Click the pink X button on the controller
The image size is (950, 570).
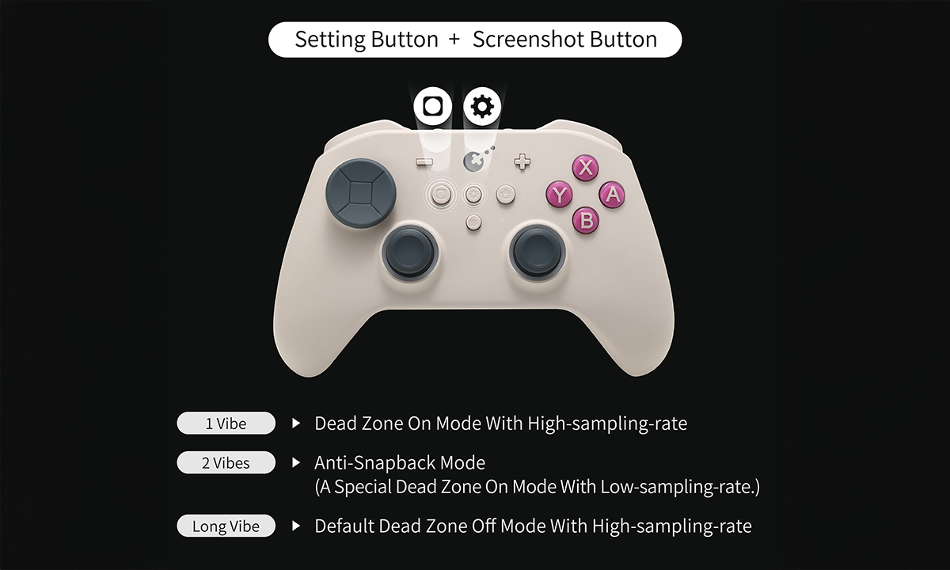pyautogui.click(x=585, y=168)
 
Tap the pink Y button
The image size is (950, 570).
pyautogui.click(x=560, y=194)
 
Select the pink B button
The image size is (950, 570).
pyautogui.click(x=586, y=219)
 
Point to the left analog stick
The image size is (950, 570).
pyautogui.click(x=410, y=251)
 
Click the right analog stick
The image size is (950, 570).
pyautogui.click(x=538, y=251)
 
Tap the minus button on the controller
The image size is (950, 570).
pyautogui.click(x=425, y=162)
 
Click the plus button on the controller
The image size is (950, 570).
pyautogui.click(x=522, y=162)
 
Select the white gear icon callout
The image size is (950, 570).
pyautogui.click(x=481, y=106)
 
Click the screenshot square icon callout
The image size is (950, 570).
pyautogui.click(x=432, y=106)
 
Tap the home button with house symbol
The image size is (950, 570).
pyautogui.click(x=505, y=192)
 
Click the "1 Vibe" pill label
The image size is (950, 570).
pyautogui.click(x=226, y=424)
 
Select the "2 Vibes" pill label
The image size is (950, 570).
pyautogui.click(x=226, y=462)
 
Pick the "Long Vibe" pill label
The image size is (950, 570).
pyautogui.click(x=226, y=526)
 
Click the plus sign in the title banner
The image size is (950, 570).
pyautogui.click(x=454, y=40)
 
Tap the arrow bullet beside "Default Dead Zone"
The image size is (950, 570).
pyautogui.click(x=296, y=526)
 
